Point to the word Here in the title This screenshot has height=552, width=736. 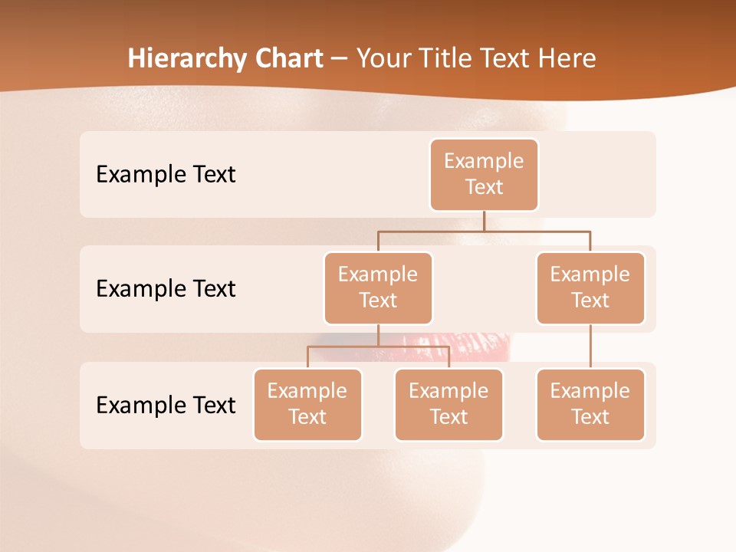(x=569, y=58)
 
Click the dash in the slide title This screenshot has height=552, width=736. (x=339, y=59)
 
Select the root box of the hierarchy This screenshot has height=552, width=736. (x=484, y=175)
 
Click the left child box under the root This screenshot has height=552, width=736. (x=378, y=288)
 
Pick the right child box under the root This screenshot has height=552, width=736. (x=590, y=288)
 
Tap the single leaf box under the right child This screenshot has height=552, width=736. (x=590, y=405)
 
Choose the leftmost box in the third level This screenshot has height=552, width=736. (x=307, y=405)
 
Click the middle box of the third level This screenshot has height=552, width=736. (x=449, y=405)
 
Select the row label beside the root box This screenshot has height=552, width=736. (x=166, y=175)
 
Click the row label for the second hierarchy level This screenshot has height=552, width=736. (x=166, y=289)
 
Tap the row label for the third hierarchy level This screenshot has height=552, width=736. (x=166, y=405)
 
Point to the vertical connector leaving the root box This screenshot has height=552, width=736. (x=484, y=221)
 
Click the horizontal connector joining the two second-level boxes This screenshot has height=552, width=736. (x=484, y=231)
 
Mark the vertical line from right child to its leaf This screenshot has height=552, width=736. (x=590, y=347)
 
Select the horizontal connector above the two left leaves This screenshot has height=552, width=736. (x=378, y=347)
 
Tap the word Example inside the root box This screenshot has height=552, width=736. (x=484, y=161)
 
